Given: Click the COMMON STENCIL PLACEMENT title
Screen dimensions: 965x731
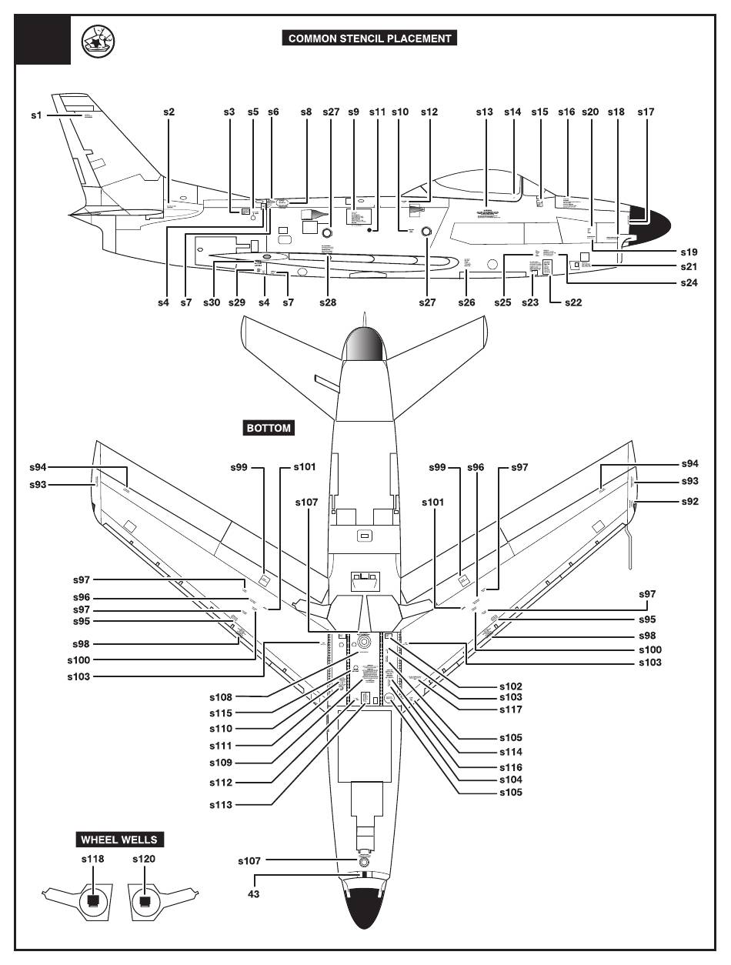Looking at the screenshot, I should [x=370, y=38].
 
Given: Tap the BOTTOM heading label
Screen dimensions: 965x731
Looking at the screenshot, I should [x=269, y=428].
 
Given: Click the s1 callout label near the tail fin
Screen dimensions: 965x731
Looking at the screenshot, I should [x=35, y=115].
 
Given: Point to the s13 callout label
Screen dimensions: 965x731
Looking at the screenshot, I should [x=484, y=112].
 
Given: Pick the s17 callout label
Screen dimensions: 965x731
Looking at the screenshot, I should [x=646, y=112].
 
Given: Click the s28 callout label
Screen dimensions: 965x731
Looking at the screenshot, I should [x=329, y=302].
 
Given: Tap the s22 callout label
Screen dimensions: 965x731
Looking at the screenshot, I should [x=573, y=302].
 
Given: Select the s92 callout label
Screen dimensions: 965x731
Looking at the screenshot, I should [x=690, y=501].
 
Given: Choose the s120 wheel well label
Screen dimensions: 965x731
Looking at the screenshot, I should [x=144, y=859].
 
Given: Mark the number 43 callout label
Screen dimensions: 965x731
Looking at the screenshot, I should [x=254, y=894].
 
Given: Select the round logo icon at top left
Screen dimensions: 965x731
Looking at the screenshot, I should [x=98, y=44].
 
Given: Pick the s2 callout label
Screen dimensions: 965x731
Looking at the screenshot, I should [x=169, y=112].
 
